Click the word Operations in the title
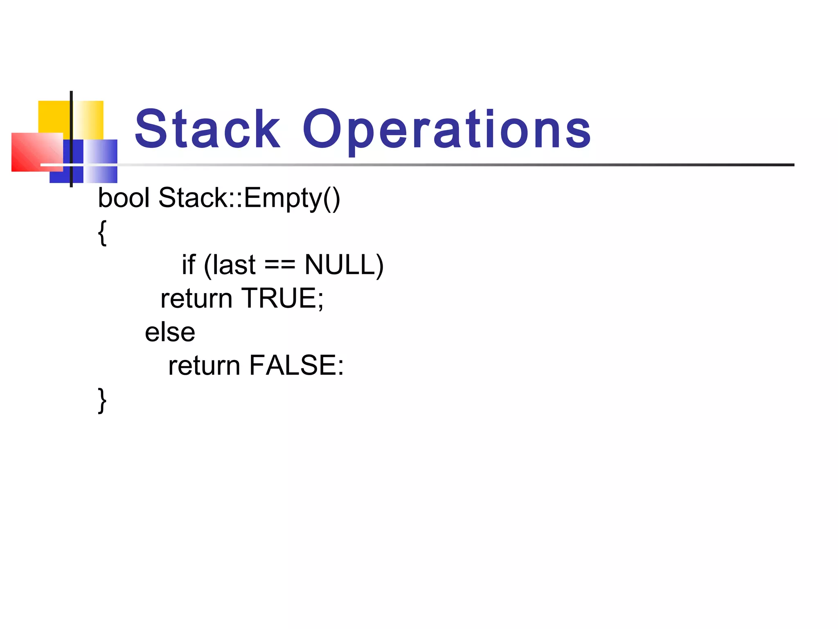[x=446, y=129]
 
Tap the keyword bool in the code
[x=124, y=198]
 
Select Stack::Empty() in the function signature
[x=249, y=199]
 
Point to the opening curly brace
[x=102, y=233]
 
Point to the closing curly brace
[x=102, y=400]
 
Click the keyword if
[x=189, y=265]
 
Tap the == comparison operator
[x=280, y=265]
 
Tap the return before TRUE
[x=196, y=298]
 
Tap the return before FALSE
[x=204, y=365]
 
